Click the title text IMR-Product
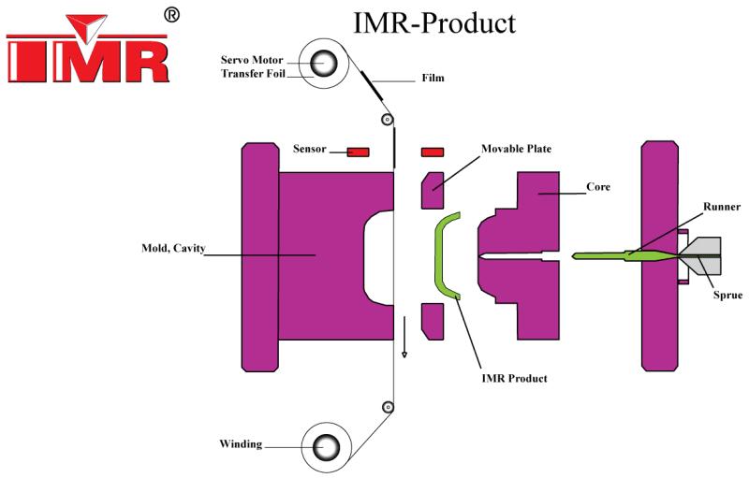click(433, 22)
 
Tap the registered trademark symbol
click(171, 15)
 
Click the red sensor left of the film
click(359, 152)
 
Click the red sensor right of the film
click(433, 152)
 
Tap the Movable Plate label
click(516, 149)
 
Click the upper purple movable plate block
click(433, 191)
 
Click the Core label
click(598, 187)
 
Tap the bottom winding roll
click(324, 447)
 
